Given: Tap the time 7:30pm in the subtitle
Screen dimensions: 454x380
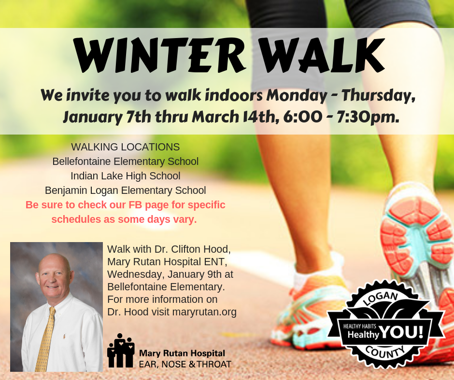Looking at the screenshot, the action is (368, 117).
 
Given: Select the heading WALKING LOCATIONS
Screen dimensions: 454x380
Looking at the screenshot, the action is (126, 147).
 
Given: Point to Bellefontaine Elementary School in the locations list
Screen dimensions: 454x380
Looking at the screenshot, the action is (126, 162).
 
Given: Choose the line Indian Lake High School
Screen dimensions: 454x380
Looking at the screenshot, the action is (126, 176).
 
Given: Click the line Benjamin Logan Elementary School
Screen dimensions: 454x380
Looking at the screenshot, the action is (126, 190).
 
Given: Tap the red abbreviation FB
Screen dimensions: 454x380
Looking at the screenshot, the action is (135, 205).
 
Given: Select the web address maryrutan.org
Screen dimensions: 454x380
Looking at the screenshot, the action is (204, 312).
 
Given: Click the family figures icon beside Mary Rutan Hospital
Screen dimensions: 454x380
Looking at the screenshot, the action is (121, 350).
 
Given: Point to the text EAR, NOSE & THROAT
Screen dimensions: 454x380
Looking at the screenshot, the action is (185, 365).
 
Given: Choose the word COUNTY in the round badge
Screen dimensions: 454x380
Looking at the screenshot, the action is (384, 352).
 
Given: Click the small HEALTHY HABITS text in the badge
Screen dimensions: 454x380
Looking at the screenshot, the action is (360, 326).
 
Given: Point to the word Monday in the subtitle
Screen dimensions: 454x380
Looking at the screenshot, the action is (297, 95).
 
